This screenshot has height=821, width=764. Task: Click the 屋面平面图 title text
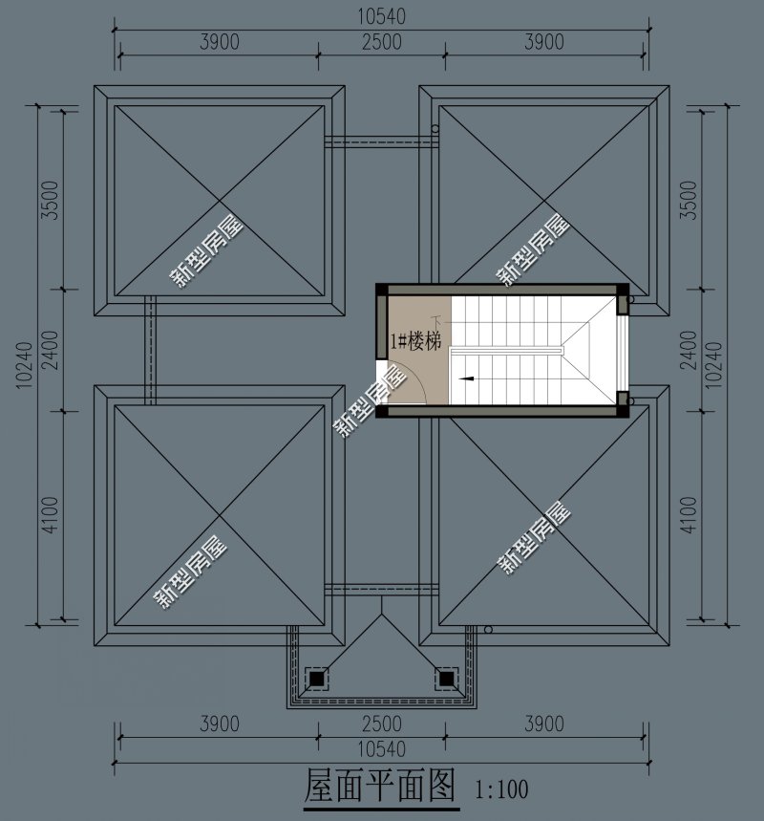pyautogui.click(x=380, y=786)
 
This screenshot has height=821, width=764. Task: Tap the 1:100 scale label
pyautogui.click(x=501, y=789)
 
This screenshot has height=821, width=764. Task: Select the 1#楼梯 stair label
pyautogui.click(x=416, y=341)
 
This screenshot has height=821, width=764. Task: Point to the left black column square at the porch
pyautogui.click(x=316, y=679)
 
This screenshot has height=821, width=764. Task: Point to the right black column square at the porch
pyautogui.click(x=446, y=679)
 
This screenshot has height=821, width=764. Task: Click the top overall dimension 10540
pyautogui.click(x=381, y=17)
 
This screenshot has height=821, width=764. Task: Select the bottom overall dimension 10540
pyautogui.click(x=381, y=749)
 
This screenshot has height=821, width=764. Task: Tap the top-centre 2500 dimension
pyautogui.click(x=382, y=42)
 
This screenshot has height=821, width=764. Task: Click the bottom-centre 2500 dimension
pyautogui.click(x=382, y=724)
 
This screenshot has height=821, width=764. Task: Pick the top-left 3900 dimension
pyautogui.click(x=220, y=42)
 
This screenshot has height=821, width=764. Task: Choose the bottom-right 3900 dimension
pyautogui.click(x=544, y=724)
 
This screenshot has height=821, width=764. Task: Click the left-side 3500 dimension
pyautogui.click(x=52, y=200)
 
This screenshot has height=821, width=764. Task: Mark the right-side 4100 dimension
pyautogui.click(x=689, y=515)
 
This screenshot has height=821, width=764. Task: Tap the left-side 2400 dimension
pyautogui.click(x=52, y=350)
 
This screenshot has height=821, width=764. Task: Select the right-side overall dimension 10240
pyautogui.click(x=713, y=365)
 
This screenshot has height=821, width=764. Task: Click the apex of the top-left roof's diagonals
pyautogui.click(x=220, y=201)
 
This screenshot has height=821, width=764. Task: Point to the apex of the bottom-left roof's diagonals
pyautogui.click(x=220, y=516)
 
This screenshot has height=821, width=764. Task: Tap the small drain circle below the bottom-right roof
pyautogui.click(x=488, y=629)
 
